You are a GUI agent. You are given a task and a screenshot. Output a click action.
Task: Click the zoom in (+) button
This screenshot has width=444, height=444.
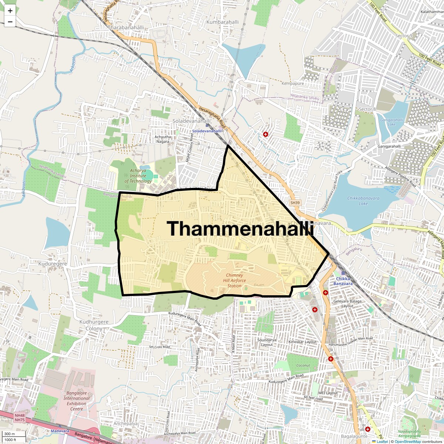click(10, 11)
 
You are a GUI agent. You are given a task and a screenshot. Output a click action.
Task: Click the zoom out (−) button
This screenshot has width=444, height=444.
click(10, 22)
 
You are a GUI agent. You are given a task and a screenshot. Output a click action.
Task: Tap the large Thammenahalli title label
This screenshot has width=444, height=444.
click(240, 228)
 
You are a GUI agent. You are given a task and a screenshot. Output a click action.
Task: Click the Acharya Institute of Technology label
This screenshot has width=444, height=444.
click(138, 176)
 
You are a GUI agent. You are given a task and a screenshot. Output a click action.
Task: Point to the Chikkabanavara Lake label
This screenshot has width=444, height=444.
click(363, 201)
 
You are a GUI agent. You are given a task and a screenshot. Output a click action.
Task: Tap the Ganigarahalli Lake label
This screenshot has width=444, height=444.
click(391, 122)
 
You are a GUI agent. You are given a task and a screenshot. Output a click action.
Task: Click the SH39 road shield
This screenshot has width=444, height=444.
click(295, 203)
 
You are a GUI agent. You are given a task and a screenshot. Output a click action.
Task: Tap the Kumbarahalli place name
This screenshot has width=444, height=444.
click(222, 22)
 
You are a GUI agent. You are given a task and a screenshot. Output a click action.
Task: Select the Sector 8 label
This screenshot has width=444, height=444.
click(367, 109)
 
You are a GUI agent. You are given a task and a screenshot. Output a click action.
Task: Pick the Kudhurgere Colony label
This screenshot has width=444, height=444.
click(94, 325)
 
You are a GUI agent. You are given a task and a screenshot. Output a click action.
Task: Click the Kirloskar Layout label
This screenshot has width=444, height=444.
click(303, 342)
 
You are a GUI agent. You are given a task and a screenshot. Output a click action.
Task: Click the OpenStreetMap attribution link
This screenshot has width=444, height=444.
click(407, 441)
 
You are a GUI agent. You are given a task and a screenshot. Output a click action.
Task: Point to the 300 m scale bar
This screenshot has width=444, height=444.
click(10, 434)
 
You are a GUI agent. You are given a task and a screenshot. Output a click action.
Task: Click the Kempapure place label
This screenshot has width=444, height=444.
click(293, 84)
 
